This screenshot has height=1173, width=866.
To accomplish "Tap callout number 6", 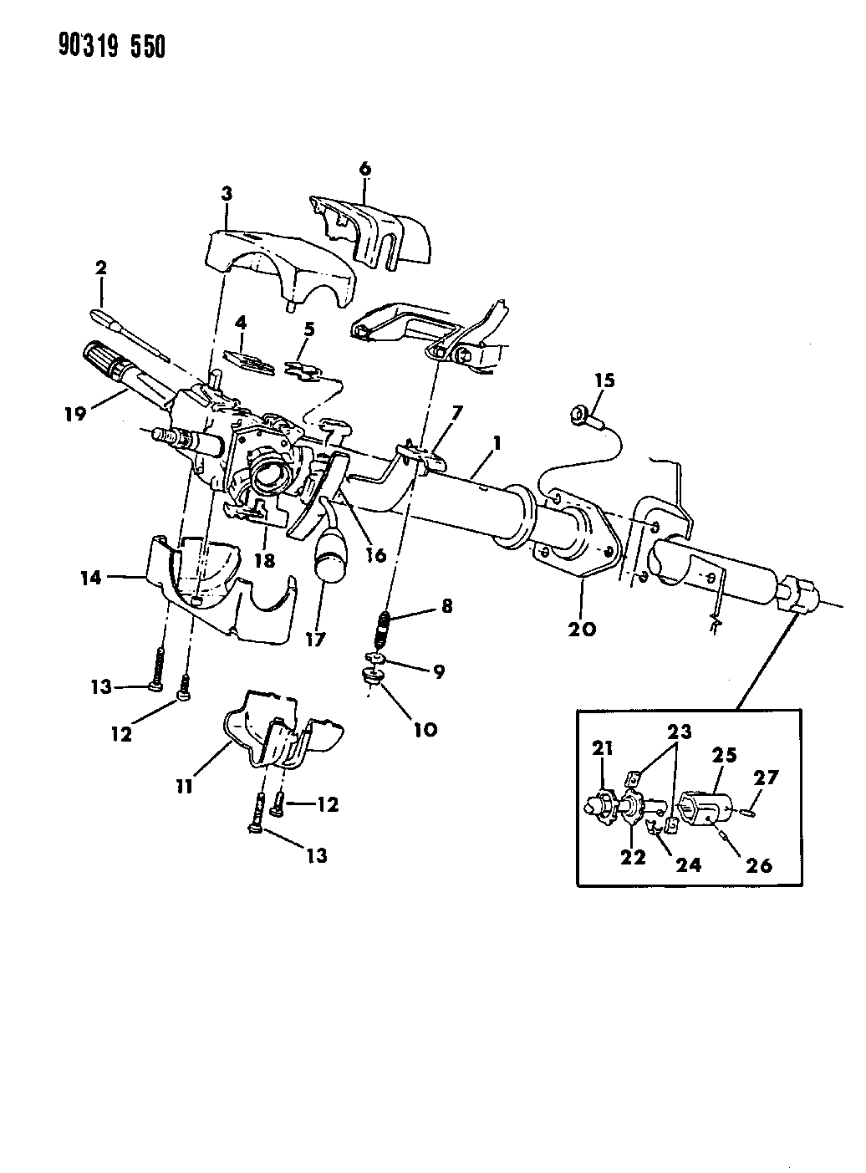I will click(x=364, y=169).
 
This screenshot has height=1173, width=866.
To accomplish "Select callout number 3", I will click(x=227, y=194).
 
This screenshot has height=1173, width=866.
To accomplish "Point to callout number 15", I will click(x=604, y=381).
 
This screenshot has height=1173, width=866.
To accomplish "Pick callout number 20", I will click(x=582, y=629).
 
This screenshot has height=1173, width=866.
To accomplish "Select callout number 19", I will click(x=76, y=413).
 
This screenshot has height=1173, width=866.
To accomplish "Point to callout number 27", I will click(x=767, y=777).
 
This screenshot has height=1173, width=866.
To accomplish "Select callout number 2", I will click(x=100, y=268).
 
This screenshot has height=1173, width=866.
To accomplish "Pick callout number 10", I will click(x=425, y=730).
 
